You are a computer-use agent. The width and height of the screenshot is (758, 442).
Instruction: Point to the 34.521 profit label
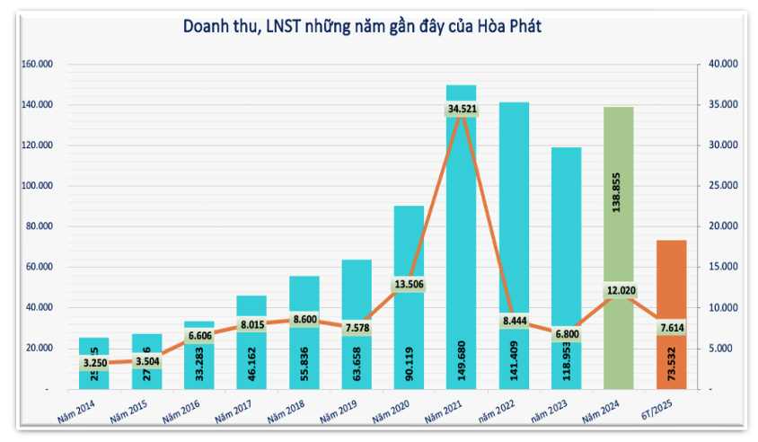461,110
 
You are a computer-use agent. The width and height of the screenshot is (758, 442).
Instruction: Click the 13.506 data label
409,285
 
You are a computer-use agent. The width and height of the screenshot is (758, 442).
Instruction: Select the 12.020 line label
619,291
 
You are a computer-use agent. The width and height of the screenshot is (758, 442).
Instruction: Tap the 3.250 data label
94,363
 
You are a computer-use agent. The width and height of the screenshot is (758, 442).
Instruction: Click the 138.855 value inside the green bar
618,201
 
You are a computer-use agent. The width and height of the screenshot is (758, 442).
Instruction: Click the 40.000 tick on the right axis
722,65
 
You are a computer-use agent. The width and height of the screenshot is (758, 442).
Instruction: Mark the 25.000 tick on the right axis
722,186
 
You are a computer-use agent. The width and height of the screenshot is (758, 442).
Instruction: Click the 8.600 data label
304,319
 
